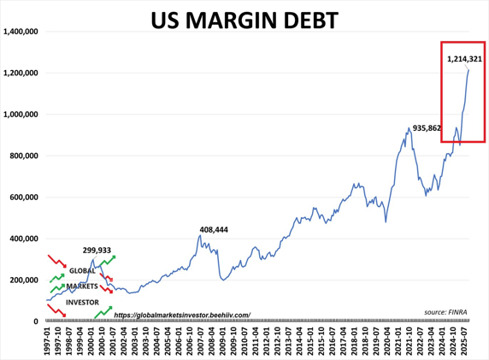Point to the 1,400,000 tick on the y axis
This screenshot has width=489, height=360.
23,32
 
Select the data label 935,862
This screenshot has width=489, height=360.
427,128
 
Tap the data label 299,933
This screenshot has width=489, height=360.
101,250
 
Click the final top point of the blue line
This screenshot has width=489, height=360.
468,70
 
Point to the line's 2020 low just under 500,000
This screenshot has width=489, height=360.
386,221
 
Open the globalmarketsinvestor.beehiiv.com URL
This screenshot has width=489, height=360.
181,315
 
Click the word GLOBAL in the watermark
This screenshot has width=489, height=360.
83,271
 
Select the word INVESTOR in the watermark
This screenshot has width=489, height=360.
82,302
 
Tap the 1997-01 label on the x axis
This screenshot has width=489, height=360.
48,340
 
